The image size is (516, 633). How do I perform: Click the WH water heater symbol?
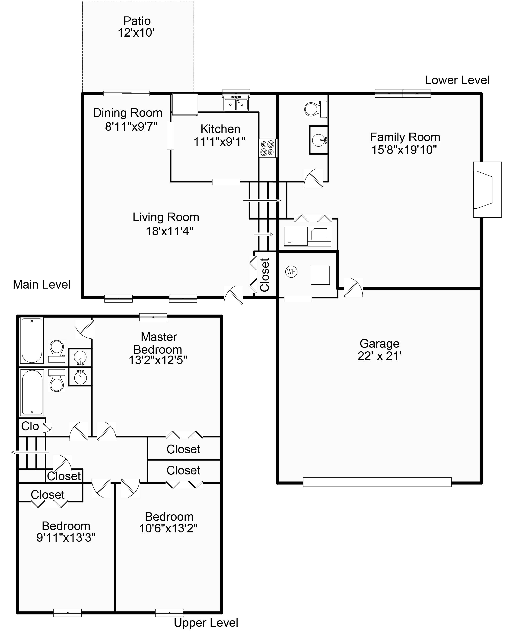point(291,272)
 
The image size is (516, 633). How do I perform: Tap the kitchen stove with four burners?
point(268,148)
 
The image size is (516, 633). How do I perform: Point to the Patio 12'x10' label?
point(137,27)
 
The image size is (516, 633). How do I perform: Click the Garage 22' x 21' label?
point(379,350)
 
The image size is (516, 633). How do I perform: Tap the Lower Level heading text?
point(457,80)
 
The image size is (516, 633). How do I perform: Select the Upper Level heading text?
point(206,623)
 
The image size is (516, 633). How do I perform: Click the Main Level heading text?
point(42,285)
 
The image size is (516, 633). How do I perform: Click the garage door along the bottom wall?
point(377,482)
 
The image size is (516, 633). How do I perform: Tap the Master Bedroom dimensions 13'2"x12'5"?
point(158,360)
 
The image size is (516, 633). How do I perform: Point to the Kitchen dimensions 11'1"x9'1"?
point(220,142)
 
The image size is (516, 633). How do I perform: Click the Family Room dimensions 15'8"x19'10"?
point(404,150)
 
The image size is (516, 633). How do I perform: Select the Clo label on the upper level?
point(30,426)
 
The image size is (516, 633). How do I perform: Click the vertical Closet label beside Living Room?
point(264,275)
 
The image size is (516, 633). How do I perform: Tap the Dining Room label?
point(128,113)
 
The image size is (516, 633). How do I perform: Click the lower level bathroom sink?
point(319,140)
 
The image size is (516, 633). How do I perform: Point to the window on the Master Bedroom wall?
point(153,317)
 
